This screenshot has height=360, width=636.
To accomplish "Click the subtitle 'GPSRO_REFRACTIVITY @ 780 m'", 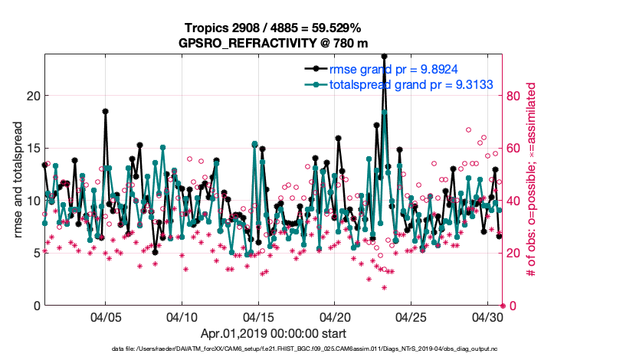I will [x=272, y=43].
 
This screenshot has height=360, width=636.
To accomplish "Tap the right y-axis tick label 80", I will [x=515, y=97].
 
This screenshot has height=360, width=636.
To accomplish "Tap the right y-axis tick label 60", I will [x=515, y=149].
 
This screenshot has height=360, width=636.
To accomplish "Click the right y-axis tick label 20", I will [x=515, y=254].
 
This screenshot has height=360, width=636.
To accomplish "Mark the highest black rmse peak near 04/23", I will [x=384, y=56].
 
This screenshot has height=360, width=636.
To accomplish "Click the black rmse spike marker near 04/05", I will [x=106, y=111].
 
